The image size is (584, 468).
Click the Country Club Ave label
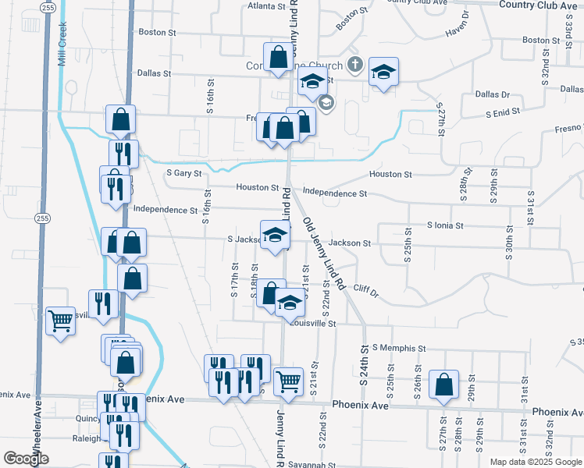click(x=537, y=5)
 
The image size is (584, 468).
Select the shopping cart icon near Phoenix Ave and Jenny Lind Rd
click(x=288, y=382)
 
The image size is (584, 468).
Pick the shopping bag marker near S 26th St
click(x=443, y=385)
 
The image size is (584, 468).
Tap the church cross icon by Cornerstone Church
click(x=354, y=64)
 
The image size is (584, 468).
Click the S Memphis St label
click(x=399, y=348)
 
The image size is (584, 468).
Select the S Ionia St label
click(x=445, y=225)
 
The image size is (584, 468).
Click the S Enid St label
click(x=502, y=113)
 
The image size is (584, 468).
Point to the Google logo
click(x=26, y=458)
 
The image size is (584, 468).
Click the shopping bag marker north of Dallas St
click(x=279, y=57)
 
